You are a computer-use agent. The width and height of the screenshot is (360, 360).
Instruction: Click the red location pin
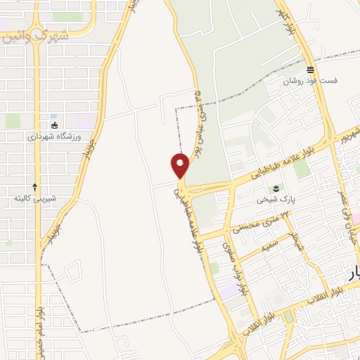click(x=181, y=166)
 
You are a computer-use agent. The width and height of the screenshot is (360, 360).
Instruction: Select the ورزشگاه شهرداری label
click(x=55, y=137)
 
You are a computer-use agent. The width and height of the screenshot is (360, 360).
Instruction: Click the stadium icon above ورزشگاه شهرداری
click(x=55, y=125)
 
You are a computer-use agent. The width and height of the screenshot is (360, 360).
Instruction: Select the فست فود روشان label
click(x=310, y=81)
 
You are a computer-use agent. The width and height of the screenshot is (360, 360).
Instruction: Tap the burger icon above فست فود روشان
click(x=310, y=69)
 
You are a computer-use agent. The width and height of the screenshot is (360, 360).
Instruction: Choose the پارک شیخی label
click(x=273, y=200)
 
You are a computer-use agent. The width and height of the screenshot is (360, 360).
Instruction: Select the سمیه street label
click(x=269, y=246)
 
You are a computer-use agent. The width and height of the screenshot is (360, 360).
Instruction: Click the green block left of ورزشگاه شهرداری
click(x=13, y=121)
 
